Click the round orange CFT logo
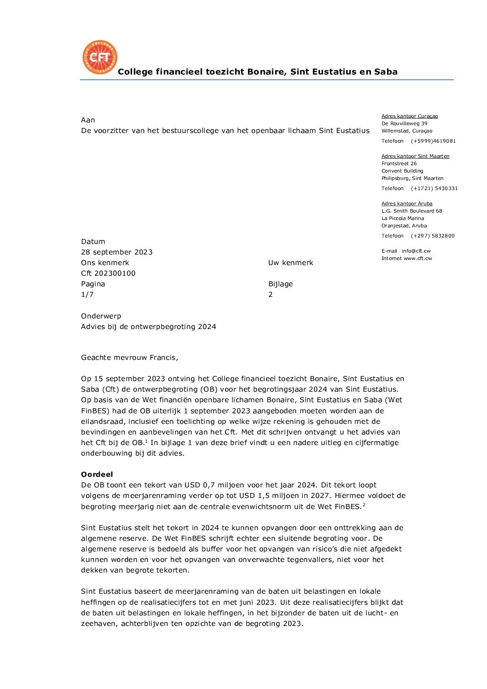coord(100,57)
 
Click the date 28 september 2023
coord(116,252)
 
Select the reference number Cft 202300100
coord(108,273)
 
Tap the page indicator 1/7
coord(87,294)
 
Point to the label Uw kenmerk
coord(290,262)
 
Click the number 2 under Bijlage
coord(271,294)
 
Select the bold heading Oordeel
coord(97,474)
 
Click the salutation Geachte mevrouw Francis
coord(129,357)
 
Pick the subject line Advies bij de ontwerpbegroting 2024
coord(148,326)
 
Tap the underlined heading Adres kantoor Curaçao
coord(410,116)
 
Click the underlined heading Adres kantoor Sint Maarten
coord(415,156)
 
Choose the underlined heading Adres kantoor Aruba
coord(407,203)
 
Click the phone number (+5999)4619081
coord(433,141)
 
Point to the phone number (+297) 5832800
coord(433,236)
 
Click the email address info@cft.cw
coord(416,251)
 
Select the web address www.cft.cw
coord(418,258)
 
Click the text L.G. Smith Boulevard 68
coord(412,211)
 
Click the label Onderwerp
coord(101,316)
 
